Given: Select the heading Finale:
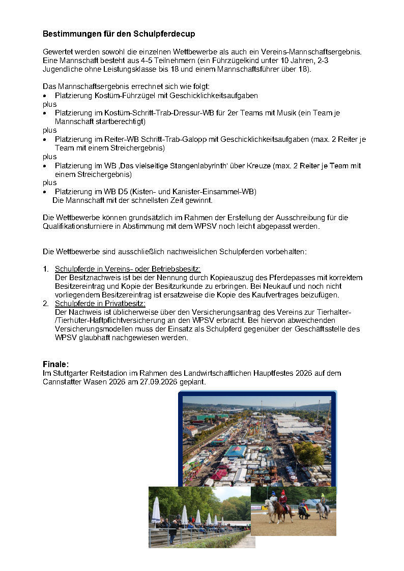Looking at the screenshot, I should pos(55,364).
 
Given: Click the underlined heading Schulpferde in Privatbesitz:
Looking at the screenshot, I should pos(100,303).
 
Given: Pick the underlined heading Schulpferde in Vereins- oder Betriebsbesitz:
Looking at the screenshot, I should pos(128,268).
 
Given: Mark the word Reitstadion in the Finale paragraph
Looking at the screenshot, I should pos(109,373).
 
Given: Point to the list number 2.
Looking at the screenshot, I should pos(46,303).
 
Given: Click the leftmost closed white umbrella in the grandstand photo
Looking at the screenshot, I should pos(156,509).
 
